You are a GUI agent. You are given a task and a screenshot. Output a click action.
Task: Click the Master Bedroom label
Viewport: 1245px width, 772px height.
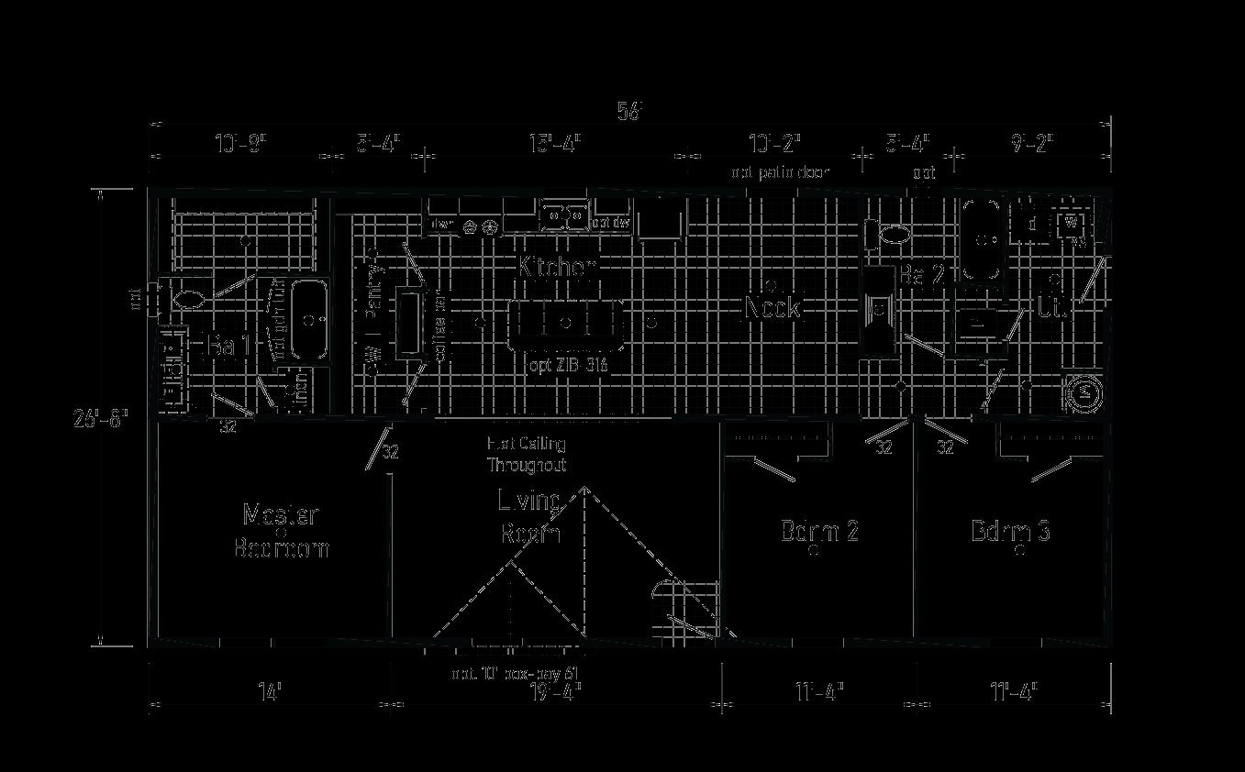(281, 531)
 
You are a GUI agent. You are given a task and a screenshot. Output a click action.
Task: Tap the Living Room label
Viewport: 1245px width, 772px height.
(530, 516)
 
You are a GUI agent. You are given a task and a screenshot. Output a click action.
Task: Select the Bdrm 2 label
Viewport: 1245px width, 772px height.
(819, 531)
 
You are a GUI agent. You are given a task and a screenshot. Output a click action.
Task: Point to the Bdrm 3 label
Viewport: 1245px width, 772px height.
(1010, 531)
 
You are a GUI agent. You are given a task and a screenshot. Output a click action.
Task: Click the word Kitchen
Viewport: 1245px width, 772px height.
(558, 268)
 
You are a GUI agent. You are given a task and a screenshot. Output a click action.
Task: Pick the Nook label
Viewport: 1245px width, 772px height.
(772, 307)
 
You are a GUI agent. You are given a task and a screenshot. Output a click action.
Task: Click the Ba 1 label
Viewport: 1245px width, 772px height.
(229, 347)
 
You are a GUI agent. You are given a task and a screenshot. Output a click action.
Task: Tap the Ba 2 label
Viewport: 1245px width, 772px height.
(921, 274)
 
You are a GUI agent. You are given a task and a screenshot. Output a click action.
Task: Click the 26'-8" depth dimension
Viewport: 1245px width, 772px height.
(101, 419)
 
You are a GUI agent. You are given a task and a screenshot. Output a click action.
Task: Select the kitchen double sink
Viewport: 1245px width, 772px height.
(563, 216)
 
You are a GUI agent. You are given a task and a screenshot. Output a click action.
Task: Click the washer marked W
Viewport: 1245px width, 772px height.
(1070, 223)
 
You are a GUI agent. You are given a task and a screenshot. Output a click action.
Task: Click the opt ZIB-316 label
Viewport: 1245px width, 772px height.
(567, 365)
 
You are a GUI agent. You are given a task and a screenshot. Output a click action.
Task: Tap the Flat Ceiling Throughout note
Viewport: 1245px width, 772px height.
(526, 454)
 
